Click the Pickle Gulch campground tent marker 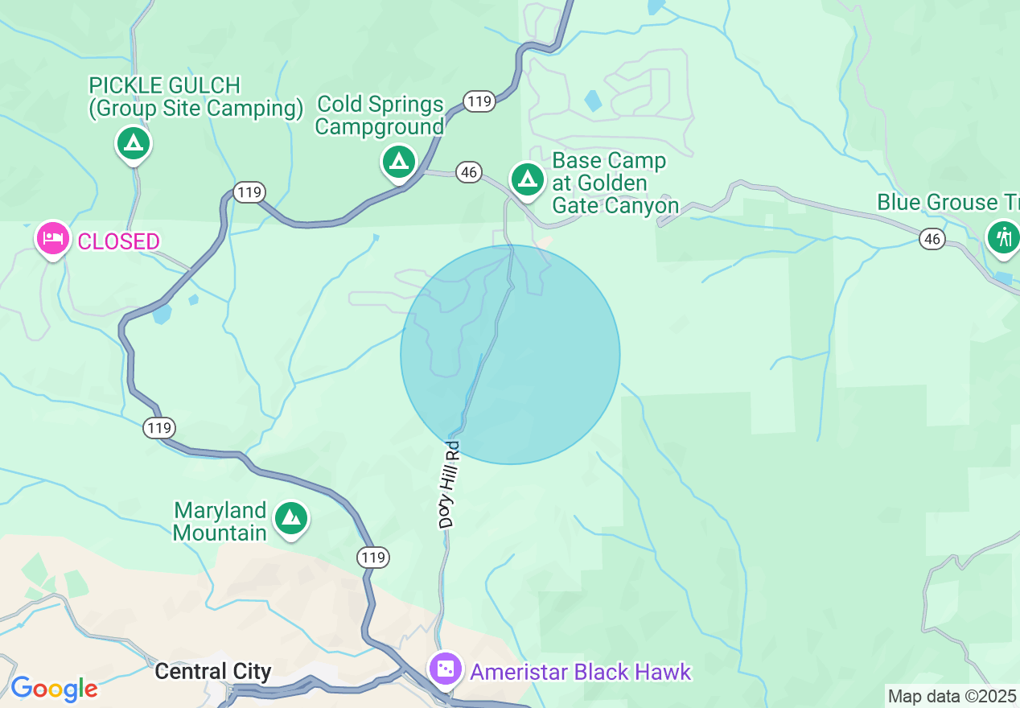(x=134, y=144)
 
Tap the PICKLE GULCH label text (x=165, y=85)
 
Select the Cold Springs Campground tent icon (x=397, y=162)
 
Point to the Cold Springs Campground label (x=380, y=115)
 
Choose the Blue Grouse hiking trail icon (x=1002, y=237)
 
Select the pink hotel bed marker (x=53, y=239)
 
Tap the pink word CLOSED (x=118, y=241)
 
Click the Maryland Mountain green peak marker (x=290, y=519)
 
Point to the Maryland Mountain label (x=220, y=521)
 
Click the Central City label (x=212, y=671)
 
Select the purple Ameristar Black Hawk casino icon (x=445, y=669)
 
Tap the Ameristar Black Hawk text (x=580, y=672)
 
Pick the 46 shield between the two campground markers (x=468, y=171)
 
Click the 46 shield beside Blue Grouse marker (x=932, y=238)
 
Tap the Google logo (x=54, y=689)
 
